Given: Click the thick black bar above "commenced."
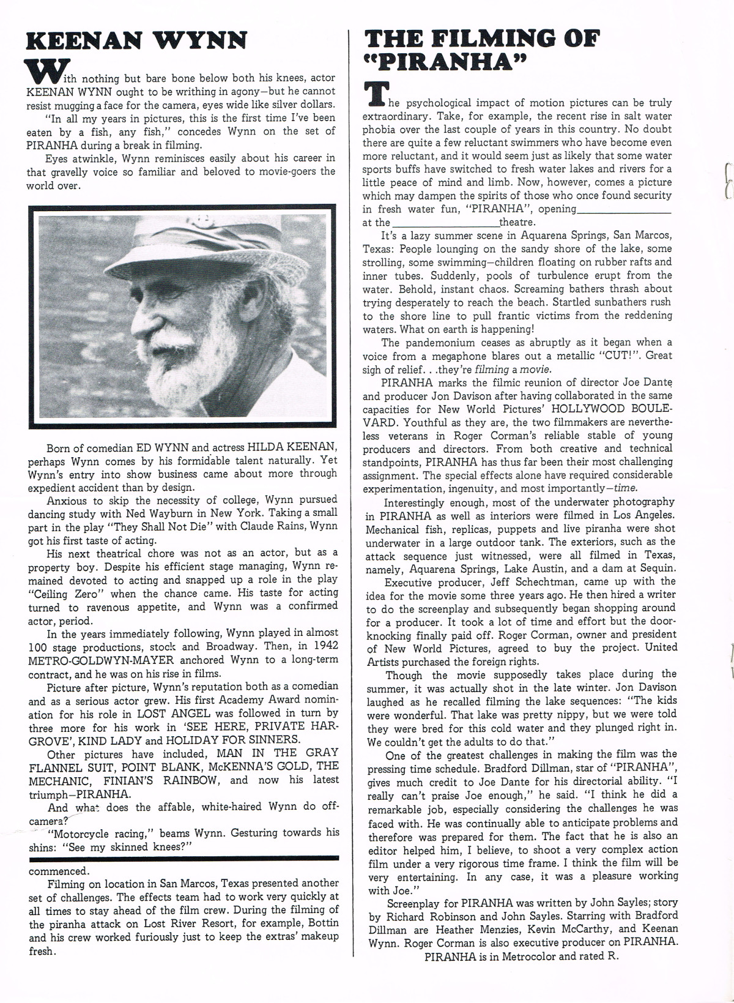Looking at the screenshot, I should (x=183, y=859).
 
